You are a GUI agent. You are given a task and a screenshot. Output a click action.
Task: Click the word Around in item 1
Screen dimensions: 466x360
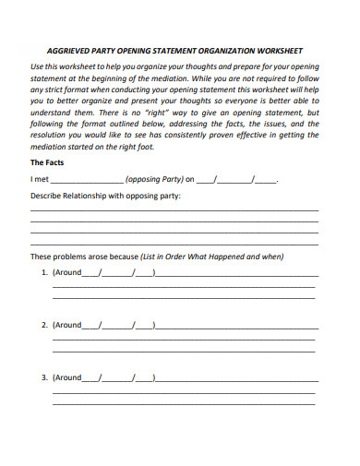click(x=68, y=273)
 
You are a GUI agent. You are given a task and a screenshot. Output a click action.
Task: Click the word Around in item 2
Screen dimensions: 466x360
click(x=68, y=325)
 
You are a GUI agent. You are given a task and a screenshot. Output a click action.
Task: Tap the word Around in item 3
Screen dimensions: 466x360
click(x=68, y=377)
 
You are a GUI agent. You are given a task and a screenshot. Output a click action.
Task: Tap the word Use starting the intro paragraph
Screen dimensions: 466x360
click(x=38, y=68)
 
